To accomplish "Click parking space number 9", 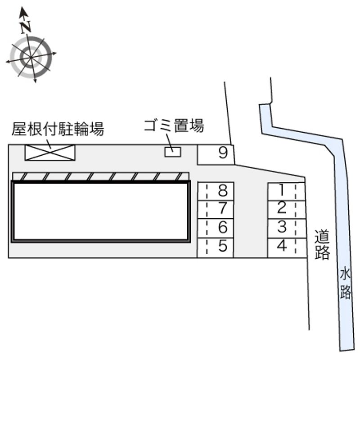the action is click(x=216, y=155).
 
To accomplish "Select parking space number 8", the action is click(x=216, y=191).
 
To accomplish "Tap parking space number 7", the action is click(x=216, y=209).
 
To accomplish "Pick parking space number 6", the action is click(x=216, y=228).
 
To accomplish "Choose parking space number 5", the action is click(x=216, y=248).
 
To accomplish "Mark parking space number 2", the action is click(x=287, y=210).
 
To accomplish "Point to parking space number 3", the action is click(x=287, y=229).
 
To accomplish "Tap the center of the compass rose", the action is click(x=31, y=58).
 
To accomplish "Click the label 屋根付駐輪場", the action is click(x=58, y=129).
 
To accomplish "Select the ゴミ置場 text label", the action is click(x=174, y=126).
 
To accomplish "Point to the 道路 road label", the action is click(x=322, y=244).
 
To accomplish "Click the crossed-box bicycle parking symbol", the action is click(x=50, y=153).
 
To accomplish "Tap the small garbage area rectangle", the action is click(x=173, y=152).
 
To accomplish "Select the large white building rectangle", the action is click(x=101, y=211).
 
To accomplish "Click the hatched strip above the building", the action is click(x=101, y=176).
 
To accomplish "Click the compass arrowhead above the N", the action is click(x=23, y=13).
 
